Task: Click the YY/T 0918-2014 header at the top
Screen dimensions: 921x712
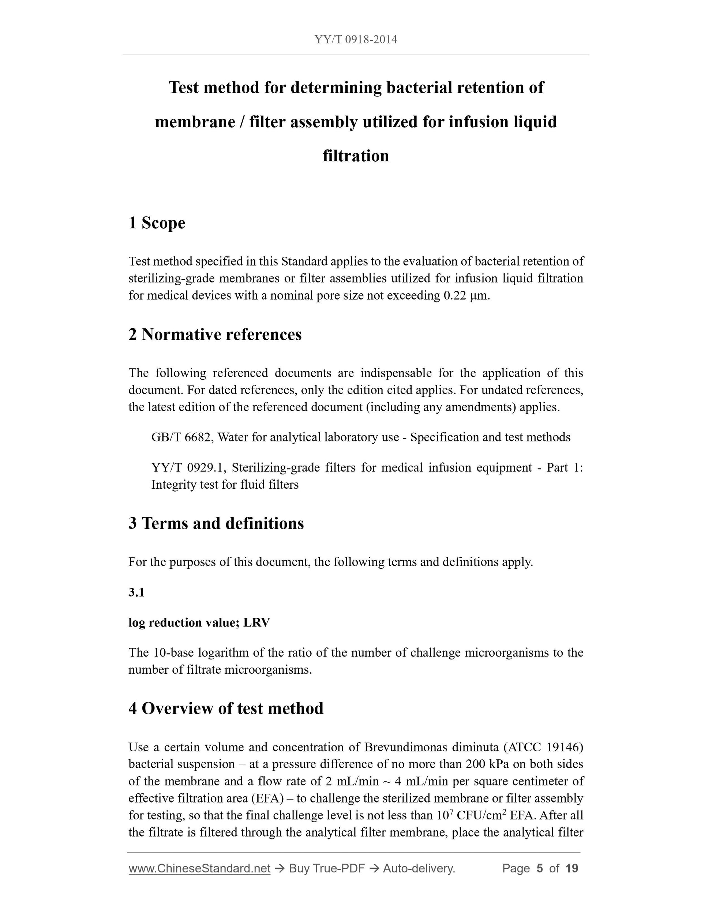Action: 356,40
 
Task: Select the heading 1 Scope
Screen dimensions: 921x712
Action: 157,223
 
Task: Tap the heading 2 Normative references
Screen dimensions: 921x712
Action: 215,334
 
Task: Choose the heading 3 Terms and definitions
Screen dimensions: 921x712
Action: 216,523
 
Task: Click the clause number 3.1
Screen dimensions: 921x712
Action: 136,593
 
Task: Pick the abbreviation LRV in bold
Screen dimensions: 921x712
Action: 256,623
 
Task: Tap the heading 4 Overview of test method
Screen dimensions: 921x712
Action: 226,708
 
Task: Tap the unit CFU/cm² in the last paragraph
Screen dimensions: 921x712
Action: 481,815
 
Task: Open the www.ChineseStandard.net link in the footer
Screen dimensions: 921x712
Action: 199,868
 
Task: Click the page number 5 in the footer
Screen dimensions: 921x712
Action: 539,868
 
